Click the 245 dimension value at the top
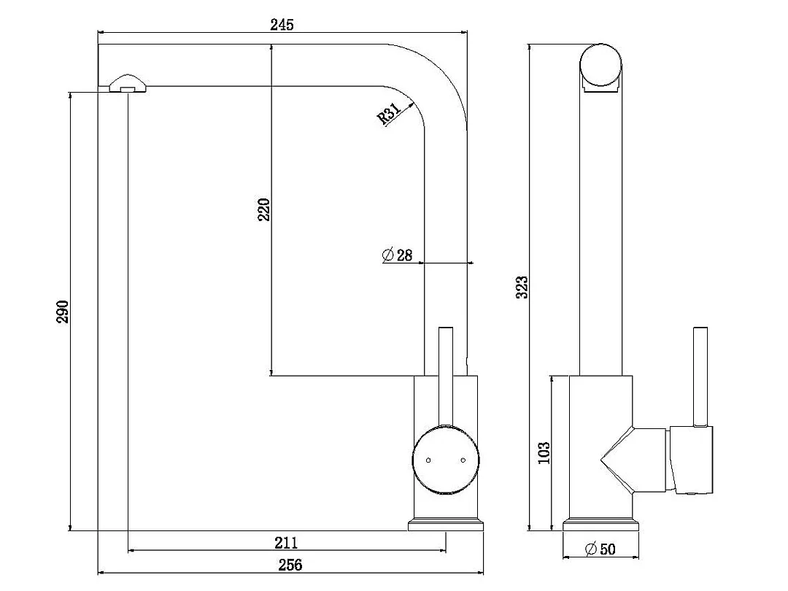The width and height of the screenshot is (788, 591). [282, 25]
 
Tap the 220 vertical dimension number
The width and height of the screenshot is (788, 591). [264, 209]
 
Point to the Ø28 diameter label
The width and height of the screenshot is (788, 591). [397, 255]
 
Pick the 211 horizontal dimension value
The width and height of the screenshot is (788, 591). [286, 542]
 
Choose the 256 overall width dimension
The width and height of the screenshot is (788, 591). [290, 564]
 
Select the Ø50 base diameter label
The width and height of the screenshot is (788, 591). [600, 549]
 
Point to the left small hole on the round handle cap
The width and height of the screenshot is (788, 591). [428, 460]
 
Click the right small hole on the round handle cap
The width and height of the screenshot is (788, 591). [463, 460]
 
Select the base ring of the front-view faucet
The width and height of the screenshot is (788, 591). [445, 525]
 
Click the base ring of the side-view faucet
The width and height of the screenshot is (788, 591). [600, 525]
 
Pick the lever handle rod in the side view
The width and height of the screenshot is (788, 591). [701, 375]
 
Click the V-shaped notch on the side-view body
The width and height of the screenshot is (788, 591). [617, 459]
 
